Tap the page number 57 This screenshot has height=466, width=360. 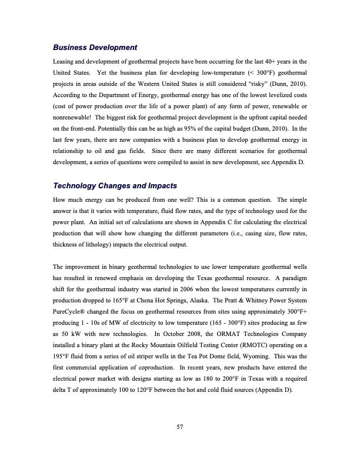(180, 427)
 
